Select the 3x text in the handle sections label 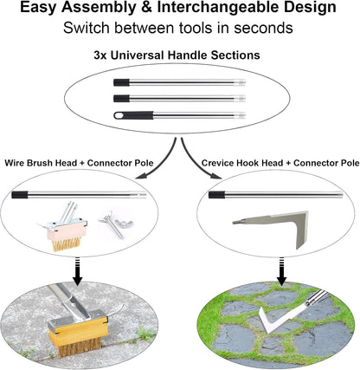click(x=102, y=55)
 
